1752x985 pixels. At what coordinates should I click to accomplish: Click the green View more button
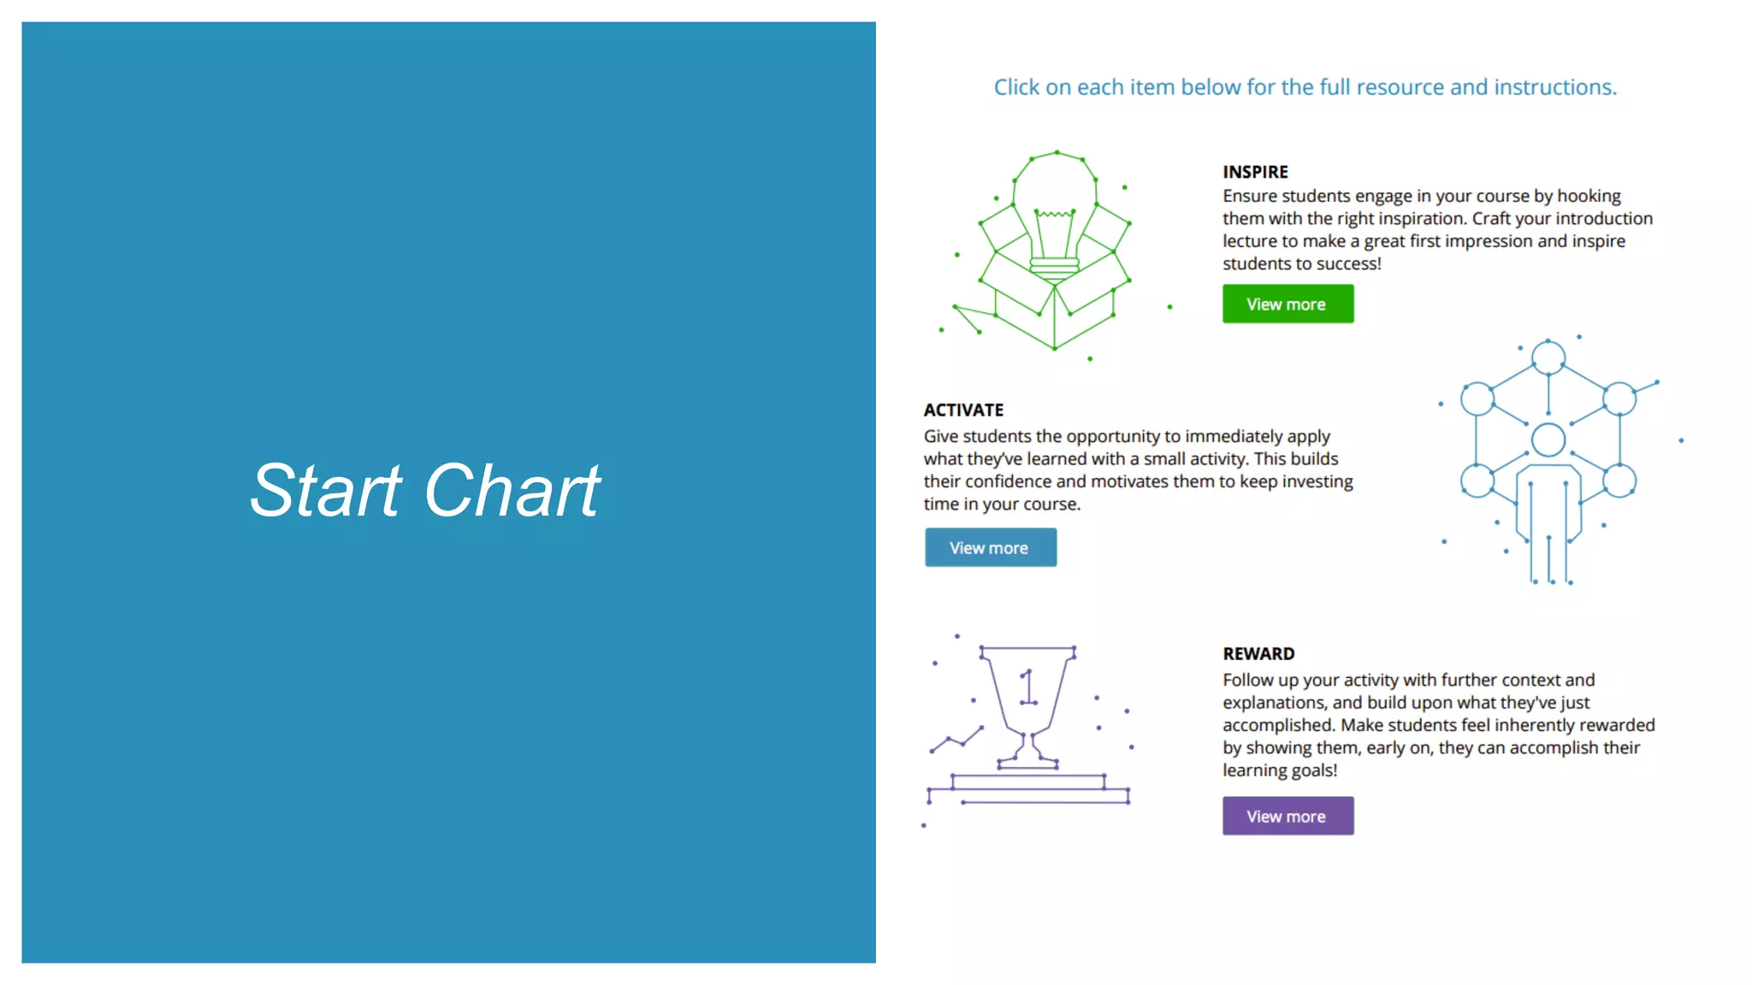pos(1287,304)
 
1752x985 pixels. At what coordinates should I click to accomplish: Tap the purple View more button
pos(1287,817)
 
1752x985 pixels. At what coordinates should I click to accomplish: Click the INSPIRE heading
pos(1255,172)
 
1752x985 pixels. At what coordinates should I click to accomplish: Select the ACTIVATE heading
pos(963,410)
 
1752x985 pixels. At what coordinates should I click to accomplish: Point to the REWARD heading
pos(1258,654)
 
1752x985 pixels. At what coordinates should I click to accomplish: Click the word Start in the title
pos(325,491)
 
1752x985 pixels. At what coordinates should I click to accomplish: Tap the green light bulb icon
pos(1055,214)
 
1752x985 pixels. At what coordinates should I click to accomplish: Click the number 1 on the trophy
pos(1028,687)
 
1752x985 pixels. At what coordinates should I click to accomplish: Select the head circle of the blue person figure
pos(1548,440)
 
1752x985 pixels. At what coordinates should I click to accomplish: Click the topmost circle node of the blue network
pos(1548,357)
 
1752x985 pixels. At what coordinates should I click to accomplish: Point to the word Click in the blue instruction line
pos(1016,87)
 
